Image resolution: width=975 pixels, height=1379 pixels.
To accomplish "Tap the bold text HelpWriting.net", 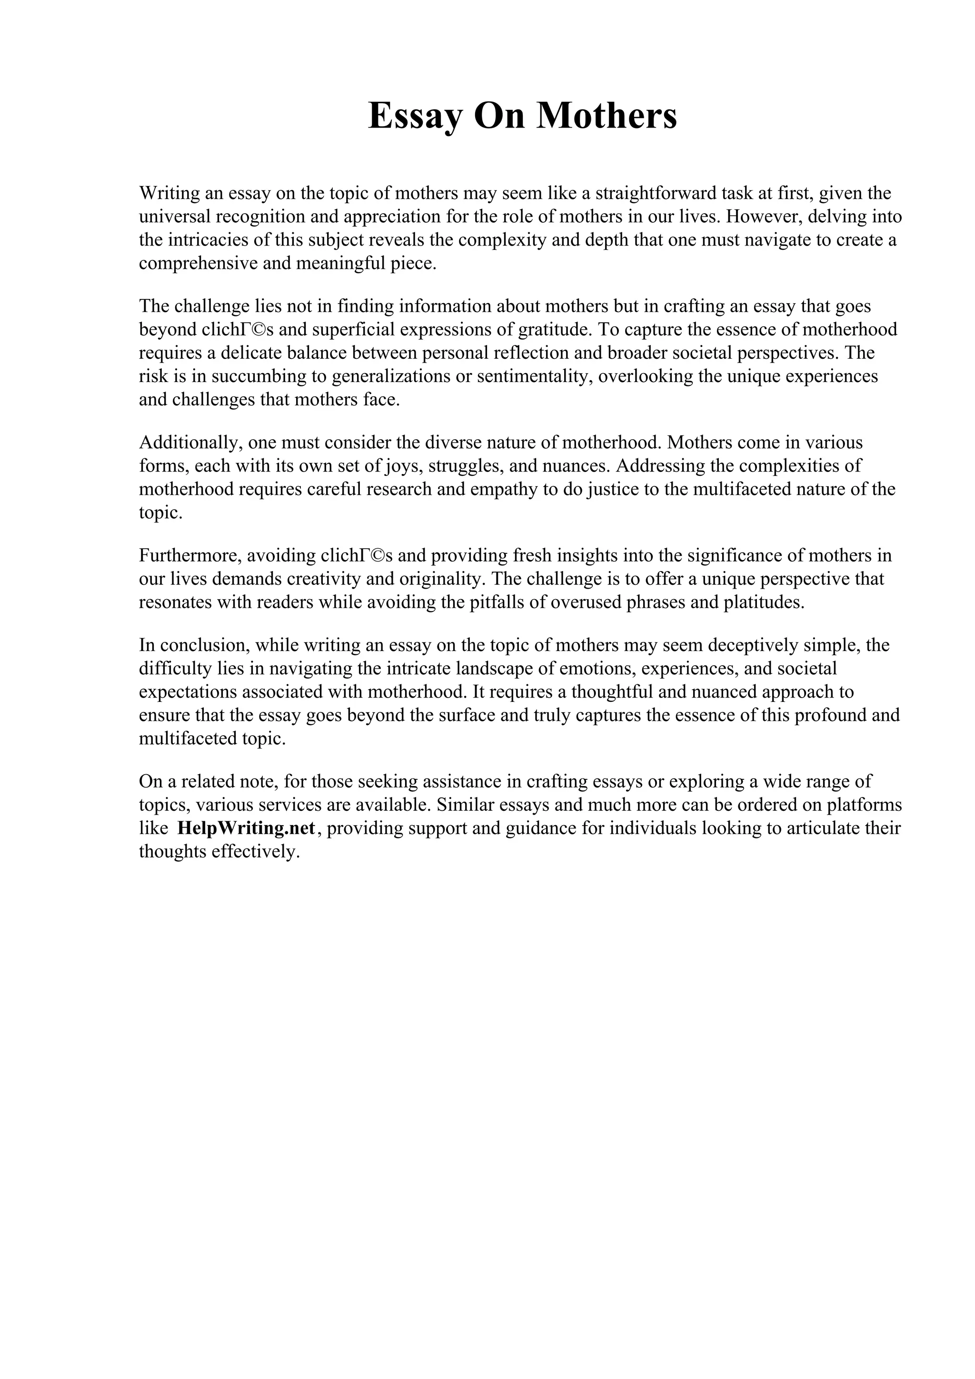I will [246, 828].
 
